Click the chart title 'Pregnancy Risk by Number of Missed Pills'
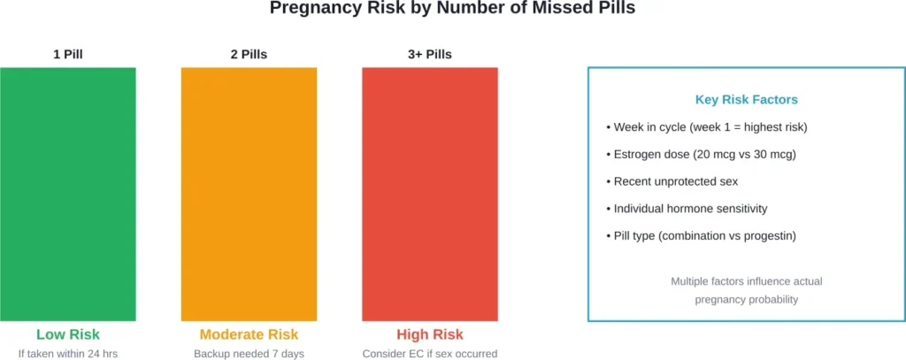(452, 9)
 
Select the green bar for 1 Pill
(68, 194)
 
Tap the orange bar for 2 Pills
(249, 194)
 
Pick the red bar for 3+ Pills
(430, 194)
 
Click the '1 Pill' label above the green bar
(68, 54)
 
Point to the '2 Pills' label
(249, 54)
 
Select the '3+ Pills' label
(430, 54)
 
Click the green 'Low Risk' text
(68, 334)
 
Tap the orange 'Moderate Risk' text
(249, 334)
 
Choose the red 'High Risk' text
(430, 334)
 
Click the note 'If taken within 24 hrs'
(68, 354)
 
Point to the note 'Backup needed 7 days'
(249, 354)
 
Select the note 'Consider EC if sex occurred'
(430, 354)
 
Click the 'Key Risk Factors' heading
(747, 100)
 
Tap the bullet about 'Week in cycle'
(706, 127)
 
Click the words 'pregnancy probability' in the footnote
(747, 299)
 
